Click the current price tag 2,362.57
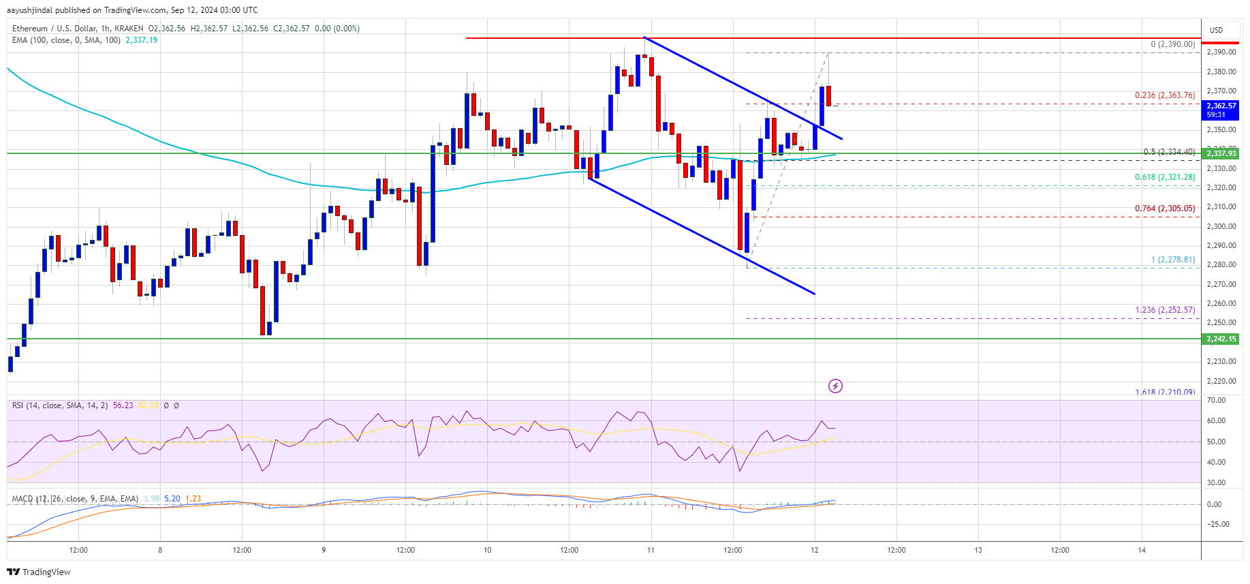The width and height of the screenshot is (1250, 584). (x=1221, y=106)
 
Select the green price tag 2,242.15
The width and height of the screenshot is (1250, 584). (x=1221, y=339)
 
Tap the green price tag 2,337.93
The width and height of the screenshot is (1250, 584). (x=1221, y=153)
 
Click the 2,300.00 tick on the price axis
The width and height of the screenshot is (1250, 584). (x=1221, y=226)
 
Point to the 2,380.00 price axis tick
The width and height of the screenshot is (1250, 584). (x=1221, y=72)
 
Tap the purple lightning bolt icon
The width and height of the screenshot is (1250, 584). (x=835, y=386)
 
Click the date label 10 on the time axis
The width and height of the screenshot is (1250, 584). (x=487, y=550)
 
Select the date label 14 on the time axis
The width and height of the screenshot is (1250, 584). (x=1142, y=550)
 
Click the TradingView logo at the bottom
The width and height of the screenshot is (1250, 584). (x=39, y=572)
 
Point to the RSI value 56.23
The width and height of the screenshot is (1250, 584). (x=123, y=405)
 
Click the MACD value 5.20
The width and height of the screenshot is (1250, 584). (x=172, y=499)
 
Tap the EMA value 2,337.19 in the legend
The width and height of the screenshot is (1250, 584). (x=141, y=40)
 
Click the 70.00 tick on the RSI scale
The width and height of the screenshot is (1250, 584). (x=1216, y=400)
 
